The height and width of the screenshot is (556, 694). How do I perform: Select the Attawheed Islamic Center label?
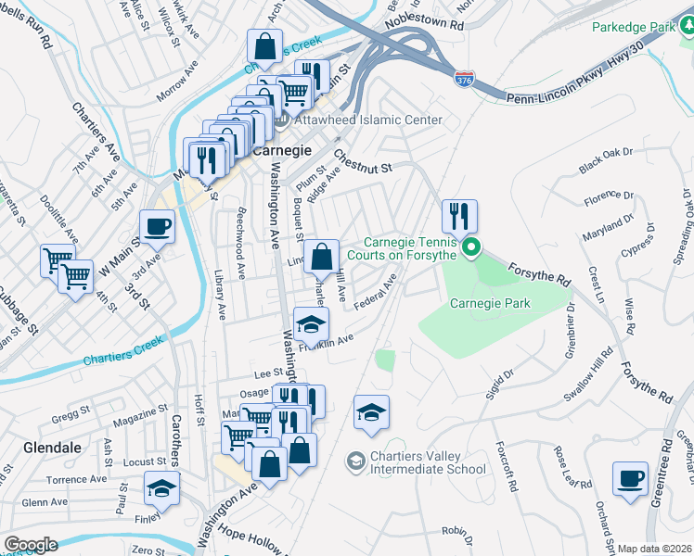[367, 120]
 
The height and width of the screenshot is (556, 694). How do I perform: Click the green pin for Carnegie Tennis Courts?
[471, 247]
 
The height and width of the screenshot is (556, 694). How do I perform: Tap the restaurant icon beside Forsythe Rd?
[458, 217]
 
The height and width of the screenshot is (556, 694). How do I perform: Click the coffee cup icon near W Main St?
[157, 226]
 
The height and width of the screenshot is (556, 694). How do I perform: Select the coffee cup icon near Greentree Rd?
[631, 480]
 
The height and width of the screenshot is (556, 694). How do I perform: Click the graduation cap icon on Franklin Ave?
[311, 324]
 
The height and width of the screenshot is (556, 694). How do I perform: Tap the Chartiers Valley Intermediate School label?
[415, 461]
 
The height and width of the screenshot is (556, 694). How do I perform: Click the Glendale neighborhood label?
[30, 447]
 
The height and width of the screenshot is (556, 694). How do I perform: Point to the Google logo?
[31, 544]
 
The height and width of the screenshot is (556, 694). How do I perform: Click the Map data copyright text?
[655, 549]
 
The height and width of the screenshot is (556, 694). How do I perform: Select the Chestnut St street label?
[364, 162]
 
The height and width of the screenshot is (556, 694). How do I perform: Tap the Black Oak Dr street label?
[605, 160]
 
